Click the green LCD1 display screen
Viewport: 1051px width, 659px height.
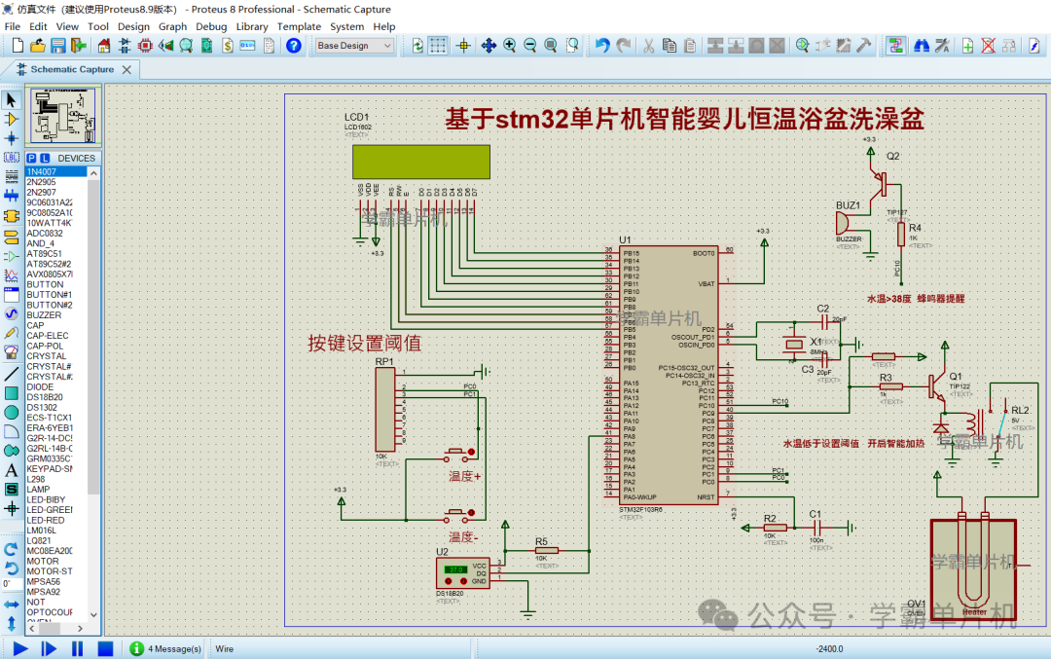(421, 162)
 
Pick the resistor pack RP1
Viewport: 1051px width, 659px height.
(385, 409)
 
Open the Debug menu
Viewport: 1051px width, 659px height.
(211, 26)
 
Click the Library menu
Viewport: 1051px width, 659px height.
(252, 26)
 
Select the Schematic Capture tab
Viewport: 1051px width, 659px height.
(71, 69)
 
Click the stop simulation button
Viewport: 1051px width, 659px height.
(105, 648)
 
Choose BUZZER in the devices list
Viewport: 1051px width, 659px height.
(44, 315)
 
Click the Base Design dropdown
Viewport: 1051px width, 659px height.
(354, 46)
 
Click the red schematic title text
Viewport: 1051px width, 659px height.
(683, 120)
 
